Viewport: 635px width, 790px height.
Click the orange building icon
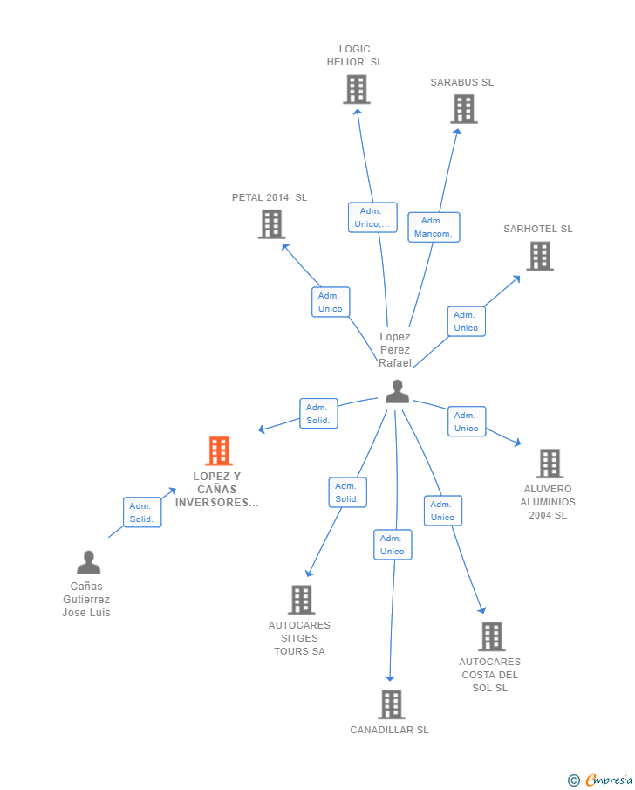pos(219,451)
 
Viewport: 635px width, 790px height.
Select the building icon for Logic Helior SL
pos(356,89)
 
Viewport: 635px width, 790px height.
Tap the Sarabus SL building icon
pos(464,109)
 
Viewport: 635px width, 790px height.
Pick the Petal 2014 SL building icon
pos(272,224)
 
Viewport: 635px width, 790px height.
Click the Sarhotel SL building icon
pos(540,256)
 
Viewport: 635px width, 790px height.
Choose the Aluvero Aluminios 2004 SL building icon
pos(550,464)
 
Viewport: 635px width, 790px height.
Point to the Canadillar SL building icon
pos(392,704)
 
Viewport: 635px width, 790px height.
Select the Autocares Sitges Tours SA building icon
pos(302,600)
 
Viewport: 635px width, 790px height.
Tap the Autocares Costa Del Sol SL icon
pos(492,636)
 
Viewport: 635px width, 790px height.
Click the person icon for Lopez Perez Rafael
pos(397,392)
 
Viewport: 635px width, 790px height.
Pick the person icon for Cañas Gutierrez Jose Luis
pos(88,562)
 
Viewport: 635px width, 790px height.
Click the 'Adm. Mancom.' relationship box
pos(434,227)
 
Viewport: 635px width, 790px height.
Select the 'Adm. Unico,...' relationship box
pos(372,217)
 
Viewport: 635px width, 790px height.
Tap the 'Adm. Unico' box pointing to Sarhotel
pos(466,321)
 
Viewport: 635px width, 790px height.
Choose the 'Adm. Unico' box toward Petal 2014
pos(331,302)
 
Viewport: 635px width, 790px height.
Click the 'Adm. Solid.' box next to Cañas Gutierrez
pos(141,512)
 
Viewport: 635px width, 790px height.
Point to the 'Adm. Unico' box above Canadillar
pos(393,545)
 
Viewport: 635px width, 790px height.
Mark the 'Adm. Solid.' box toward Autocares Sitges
pos(347,492)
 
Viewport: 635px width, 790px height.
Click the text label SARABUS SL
pos(461,82)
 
